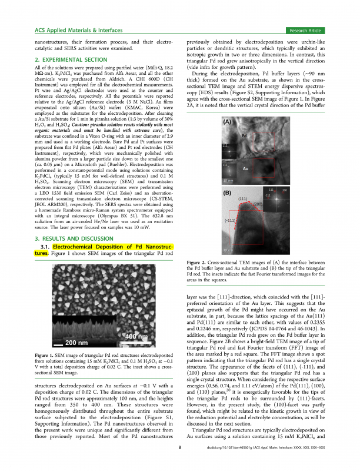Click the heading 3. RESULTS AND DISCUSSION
coord(67,238)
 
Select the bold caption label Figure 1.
coord(45,356)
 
